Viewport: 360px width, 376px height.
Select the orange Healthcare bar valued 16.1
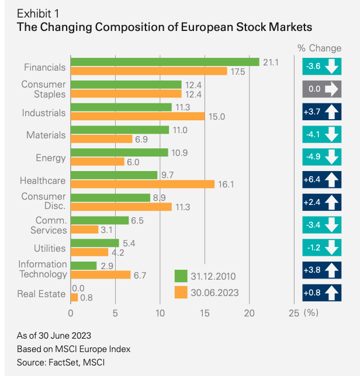pos(142,184)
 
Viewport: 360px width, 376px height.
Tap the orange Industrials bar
pos(137,116)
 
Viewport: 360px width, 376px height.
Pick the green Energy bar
pos(119,152)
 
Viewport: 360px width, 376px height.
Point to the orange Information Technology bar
pos(101,274)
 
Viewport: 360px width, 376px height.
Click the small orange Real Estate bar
pos(74,298)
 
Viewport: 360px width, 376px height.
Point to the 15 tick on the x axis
pos(205,312)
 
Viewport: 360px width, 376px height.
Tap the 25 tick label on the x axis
pos(295,312)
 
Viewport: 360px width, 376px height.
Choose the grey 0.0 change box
pos(321,89)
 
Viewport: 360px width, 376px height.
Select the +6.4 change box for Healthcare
pos(321,180)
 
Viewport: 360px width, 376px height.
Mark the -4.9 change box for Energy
pos(321,157)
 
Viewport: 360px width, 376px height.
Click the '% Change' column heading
pos(320,47)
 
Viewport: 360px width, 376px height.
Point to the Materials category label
pos(46,135)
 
